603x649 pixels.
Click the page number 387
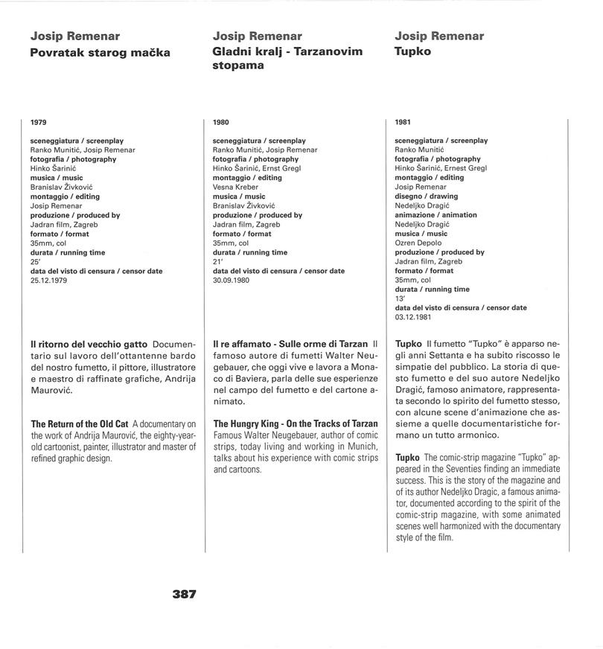click(x=184, y=594)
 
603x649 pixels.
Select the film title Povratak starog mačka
click(x=100, y=52)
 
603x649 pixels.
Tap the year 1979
click(x=39, y=122)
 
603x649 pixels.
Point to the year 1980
click(x=221, y=122)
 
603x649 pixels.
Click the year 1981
click(x=403, y=122)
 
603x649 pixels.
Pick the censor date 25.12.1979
click(x=49, y=281)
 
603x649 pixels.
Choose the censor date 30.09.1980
click(x=232, y=281)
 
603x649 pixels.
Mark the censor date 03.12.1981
click(x=414, y=317)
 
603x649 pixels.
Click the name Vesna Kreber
click(x=236, y=188)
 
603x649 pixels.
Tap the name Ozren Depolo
click(x=418, y=243)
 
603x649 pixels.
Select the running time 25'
click(x=35, y=262)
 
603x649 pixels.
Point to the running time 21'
click(x=217, y=262)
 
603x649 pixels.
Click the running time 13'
click(x=399, y=298)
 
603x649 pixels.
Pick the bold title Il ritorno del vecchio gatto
click(x=89, y=345)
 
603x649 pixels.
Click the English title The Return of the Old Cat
click(x=80, y=424)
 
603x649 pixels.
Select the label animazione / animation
click(x=435, y=215)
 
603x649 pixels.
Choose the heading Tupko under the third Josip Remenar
click(x=413, y=52)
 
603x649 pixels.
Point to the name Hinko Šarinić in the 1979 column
click(x=54, y=169)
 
